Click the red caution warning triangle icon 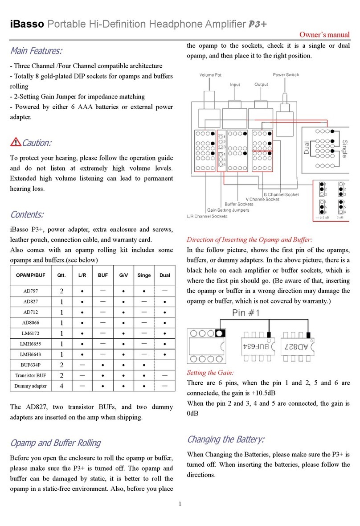click(15, 143)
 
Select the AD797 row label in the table click(30, 291)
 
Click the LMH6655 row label click(30, 345)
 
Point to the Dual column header click(164, 275)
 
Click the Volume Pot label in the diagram click(210, 75)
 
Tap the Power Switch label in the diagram click(286, 75)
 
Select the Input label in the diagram click(235, 84)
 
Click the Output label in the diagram click(261, 84)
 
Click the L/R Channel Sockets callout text click(207, 216)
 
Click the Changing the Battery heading click(225, 440)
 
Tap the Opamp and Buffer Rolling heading click(55, 443)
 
